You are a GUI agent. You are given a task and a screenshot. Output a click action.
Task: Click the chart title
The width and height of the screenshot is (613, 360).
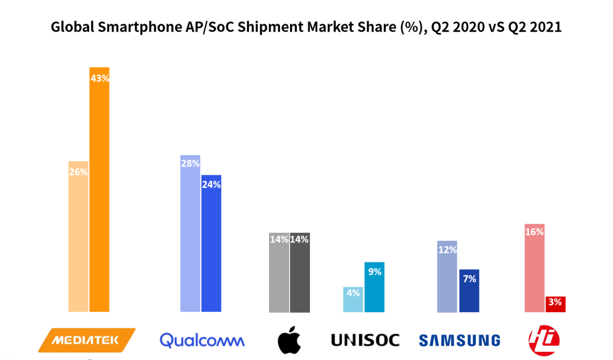pos(306,27)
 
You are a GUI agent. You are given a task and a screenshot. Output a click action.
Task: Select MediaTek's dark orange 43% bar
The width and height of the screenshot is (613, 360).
pos(99,199)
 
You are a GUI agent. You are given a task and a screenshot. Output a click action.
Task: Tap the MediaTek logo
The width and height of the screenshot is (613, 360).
pos(86,340)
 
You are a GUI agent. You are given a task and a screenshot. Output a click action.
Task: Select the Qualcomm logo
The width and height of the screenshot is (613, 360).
pos(202,340)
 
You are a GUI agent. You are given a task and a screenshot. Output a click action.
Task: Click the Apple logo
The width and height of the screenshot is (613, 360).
pos(289,340)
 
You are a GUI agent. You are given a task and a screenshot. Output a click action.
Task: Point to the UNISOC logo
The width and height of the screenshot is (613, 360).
pos(365,340)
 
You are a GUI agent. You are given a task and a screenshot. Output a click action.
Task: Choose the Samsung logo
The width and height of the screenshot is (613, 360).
pos(459,340)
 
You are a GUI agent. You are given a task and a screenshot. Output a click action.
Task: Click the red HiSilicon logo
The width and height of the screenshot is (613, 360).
pos(543,340)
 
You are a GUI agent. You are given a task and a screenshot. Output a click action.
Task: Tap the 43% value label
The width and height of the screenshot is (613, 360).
pos(99,78)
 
